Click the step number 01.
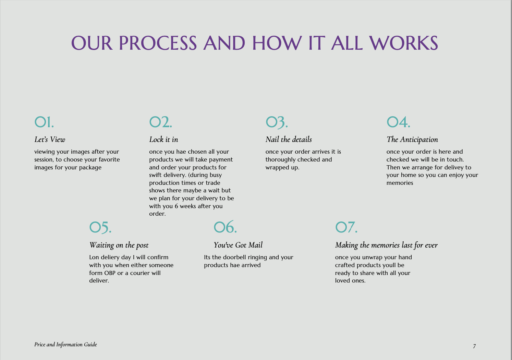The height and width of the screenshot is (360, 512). coord(44,122)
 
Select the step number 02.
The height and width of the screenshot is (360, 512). coord(160,122)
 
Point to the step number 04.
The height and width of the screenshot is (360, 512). coord(399,122)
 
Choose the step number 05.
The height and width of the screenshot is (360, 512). coord(100,228)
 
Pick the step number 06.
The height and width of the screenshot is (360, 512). coord(225,227)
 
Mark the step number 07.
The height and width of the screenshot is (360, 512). coord(346,227)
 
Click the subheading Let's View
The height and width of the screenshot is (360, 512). coord(50,140)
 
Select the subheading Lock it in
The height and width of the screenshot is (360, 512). coord(164,140)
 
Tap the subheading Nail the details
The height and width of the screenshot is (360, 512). coord(289,140)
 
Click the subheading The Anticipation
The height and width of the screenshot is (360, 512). coord(412,140)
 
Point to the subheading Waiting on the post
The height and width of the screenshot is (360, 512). coord(119,245)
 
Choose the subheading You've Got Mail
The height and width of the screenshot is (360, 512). coord(238,245)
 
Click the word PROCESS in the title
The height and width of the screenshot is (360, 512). coord(158,43)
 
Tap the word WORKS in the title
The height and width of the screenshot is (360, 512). coord(404,43)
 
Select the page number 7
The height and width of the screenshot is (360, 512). coord(475,346)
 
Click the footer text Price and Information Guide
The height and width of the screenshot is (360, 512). coord(65,345)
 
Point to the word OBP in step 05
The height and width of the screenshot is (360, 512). coord(110,273)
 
